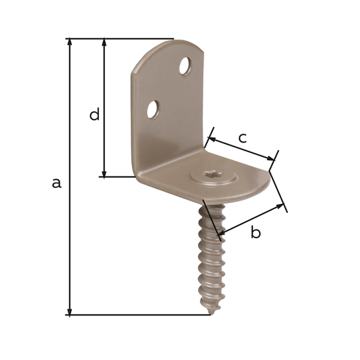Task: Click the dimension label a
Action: point(56,183)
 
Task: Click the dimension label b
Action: point(256,233)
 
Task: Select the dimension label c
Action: point(242,138)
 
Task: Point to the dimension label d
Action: point(94,115)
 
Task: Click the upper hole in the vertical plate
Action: point(185,66)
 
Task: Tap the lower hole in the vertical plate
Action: point(153,109)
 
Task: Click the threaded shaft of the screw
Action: point(212,258)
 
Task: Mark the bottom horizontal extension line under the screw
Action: point(138,315)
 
